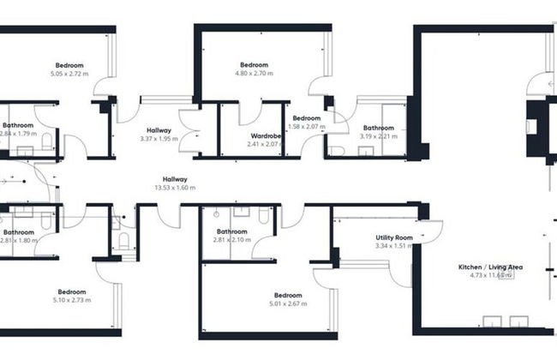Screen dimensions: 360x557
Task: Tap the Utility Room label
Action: (x=394, y=237)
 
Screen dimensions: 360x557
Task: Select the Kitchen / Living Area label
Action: (x=491, y=267)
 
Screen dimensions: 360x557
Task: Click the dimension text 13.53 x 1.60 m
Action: (x=170, y=188)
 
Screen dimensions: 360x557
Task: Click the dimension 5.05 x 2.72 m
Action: (x=69, y=74)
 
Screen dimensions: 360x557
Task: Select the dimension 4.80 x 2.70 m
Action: (x=254, y=74)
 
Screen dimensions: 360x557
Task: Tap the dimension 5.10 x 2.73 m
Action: (x=71, y=300)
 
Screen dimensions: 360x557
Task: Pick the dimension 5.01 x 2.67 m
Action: (x=287, y=303)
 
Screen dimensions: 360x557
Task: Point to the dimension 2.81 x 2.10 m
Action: (x=232, y=240)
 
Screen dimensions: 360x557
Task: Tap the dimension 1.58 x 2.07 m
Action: (x=307, y=127)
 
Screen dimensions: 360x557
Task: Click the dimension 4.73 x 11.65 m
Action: (x=491, y=276)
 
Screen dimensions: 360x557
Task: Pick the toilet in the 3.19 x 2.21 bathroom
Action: (x=336, y=151)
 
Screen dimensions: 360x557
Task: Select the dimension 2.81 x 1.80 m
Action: (x=18, y=241)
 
